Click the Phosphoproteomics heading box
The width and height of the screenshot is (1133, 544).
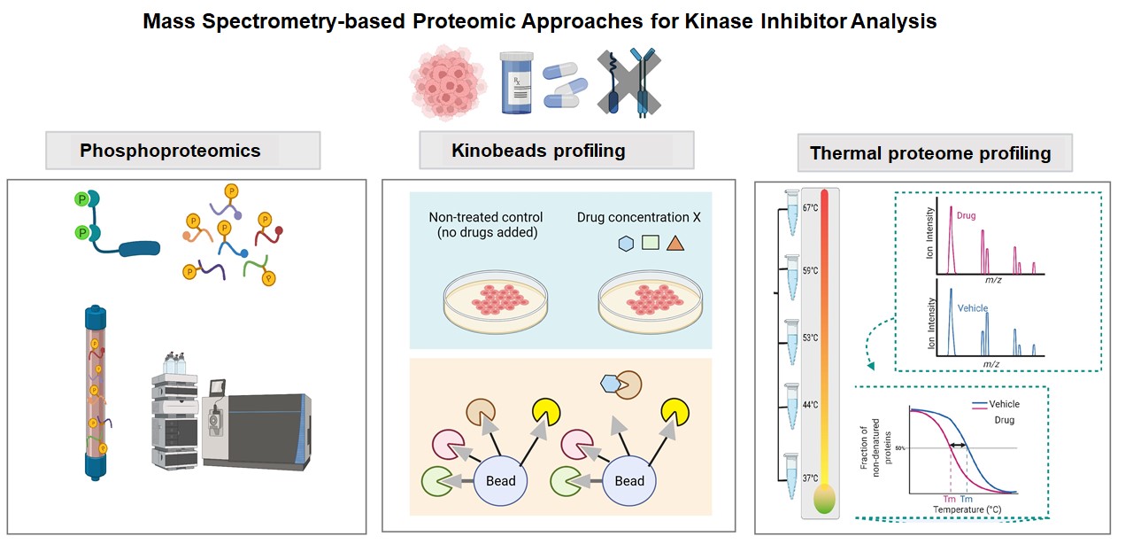click(x=182, y=151)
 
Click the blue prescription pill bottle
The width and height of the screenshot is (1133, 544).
click(x=516, y=82)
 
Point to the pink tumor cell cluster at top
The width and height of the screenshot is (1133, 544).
click(x=448, y=83)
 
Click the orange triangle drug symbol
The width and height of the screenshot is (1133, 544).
click(x=675, y=244)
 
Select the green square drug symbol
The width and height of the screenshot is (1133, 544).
click(x=651, y=243)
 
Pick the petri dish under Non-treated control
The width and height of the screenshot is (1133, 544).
click(x=496, y=302)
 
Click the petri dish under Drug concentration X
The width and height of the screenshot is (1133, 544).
click(x=651, y=302)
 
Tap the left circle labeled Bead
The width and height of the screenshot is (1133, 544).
click(x=501, y=480)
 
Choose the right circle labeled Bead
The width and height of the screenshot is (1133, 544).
click(x=629, y=480)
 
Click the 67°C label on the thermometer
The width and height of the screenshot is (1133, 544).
click(x=810, y=207)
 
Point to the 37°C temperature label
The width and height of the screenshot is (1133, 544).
click(x=810, y=478)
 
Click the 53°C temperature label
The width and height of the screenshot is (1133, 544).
click(x=810, y=338)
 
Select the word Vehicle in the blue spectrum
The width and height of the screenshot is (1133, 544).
click(x=972, y=308)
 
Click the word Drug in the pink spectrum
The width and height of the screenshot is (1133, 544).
click(x=966, y=215)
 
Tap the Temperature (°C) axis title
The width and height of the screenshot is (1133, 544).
click(x=967, y=509)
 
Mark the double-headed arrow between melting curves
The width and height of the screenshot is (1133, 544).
click(x=958, y=446)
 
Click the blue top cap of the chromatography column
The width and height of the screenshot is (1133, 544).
click(x=96, y=315)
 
